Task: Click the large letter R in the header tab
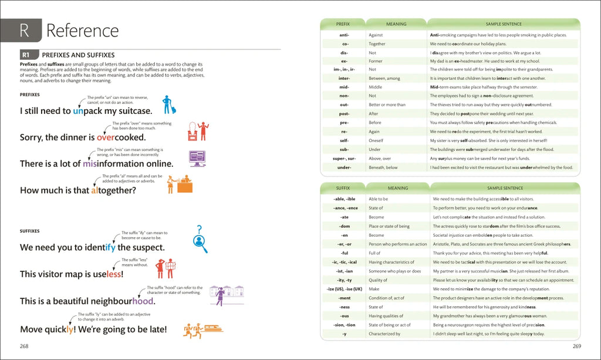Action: pos(24,30)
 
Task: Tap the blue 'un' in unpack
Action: pos(79,110)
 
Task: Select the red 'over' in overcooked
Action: pos(109,137)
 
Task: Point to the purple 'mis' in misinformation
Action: pos(90,164)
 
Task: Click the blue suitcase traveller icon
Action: pos(169,105)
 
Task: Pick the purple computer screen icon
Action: pos(197,158)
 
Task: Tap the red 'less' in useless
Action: pos(113,274)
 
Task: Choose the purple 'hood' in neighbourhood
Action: pos(143,301)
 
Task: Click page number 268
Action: pos(24,346)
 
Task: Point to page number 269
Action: pos(577,346)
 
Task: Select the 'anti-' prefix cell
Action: pos(344,35)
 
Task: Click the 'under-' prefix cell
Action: pos(344,167)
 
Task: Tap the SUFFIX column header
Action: pos(343,188)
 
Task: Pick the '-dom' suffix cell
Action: pos(344,226)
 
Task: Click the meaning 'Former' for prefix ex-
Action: pos(376,61)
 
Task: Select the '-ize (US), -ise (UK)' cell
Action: pos(344,289)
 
